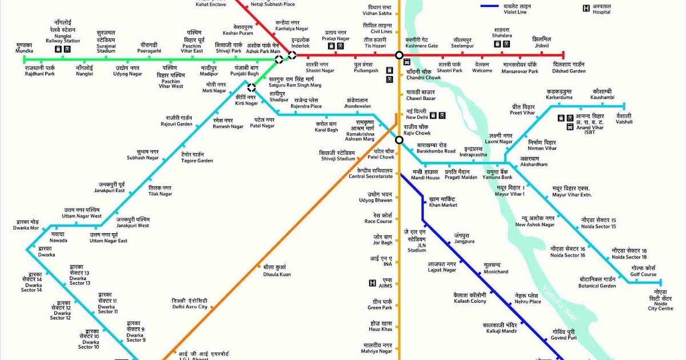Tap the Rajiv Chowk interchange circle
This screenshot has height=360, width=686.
tap(399, 139)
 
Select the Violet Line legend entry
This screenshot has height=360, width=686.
tap(497, 7)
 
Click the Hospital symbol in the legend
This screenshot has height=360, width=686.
tap(586, 9)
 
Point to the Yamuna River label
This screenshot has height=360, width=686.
tap(561, 303)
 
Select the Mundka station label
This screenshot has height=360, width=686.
tap(24, 48)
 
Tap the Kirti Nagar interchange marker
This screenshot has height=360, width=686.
tap(251, 88)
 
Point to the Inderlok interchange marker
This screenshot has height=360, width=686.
tap(292, 55)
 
